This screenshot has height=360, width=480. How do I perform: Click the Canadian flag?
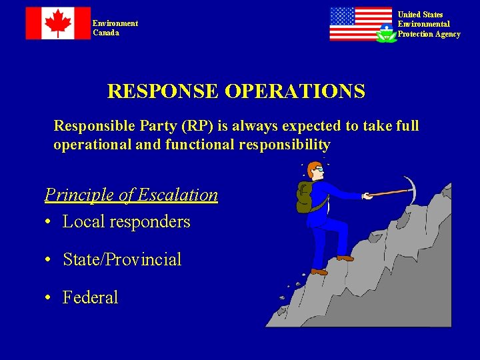[58, 23]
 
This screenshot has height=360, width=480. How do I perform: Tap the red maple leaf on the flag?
[58, 23]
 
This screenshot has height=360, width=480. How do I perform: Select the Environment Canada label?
[115, 28]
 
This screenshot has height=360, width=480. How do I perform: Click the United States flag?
[360, 24]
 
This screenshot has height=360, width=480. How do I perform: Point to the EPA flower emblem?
[386, 33]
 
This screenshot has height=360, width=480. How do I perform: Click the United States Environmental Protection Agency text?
[429, 24]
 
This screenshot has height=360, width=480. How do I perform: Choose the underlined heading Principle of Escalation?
[131, 195]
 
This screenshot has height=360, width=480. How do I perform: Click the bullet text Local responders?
[126, 222]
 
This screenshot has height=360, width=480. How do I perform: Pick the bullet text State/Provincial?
[122, 259]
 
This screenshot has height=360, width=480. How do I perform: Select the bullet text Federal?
[90, 297]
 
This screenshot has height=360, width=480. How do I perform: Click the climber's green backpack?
[304, 197]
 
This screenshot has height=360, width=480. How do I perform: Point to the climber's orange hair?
[313, 167]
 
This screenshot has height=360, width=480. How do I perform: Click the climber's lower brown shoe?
[319, 271]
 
